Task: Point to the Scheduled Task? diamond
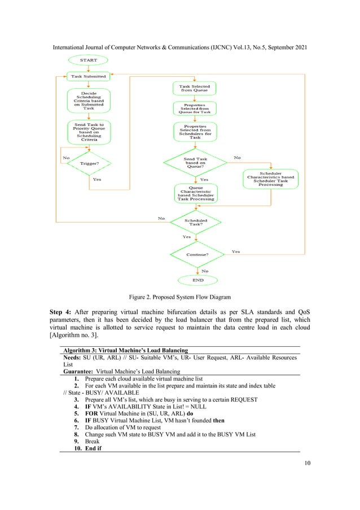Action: [x=195, y=223]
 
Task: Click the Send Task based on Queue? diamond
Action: [x=195, y=162]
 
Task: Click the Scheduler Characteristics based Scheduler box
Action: [x=270, y=178]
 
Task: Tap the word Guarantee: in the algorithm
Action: [x=78, y=370]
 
